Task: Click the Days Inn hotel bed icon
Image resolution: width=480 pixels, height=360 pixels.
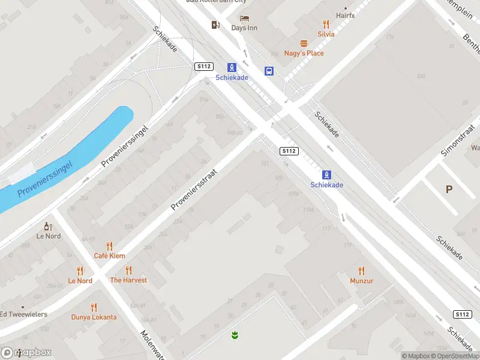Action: tap(244, 19)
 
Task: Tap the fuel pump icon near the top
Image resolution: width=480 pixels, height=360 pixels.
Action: tap(215, 25)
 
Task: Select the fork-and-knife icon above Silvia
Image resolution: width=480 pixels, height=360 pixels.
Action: tap(326, 24)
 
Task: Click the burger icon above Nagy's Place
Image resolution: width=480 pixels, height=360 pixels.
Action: tap(304, 43)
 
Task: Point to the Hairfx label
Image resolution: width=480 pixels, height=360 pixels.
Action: tap(345, 15)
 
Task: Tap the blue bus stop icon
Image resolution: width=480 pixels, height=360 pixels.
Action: tap(269, 71)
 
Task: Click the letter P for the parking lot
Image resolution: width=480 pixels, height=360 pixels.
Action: tap(449, 190)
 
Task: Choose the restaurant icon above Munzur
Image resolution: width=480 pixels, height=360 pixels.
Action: tap(361, 271)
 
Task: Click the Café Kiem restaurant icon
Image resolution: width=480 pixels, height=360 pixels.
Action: tap(109, 246)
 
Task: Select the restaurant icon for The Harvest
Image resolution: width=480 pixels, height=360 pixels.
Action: tap(128, 271)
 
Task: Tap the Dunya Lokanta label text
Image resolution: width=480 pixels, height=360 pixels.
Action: tap(94, 317)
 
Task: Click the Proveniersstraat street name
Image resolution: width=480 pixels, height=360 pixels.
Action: tap(193, 189)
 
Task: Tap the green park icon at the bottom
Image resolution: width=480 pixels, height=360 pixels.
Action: tap(235, 335)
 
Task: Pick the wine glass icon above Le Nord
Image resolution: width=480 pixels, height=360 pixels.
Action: tap(49, 226)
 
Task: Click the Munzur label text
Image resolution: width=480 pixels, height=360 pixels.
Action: tap(362, 281)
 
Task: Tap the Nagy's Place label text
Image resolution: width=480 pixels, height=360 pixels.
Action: tap(304, 53)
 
